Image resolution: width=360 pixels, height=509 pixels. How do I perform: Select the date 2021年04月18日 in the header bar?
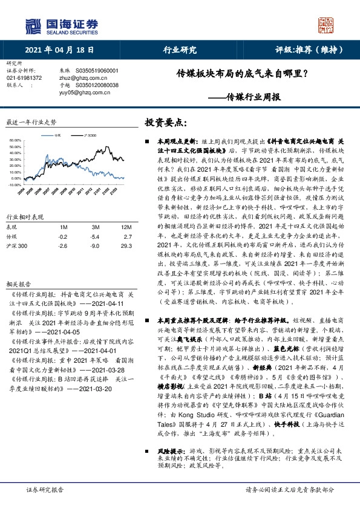pyautogui.click(x=61, y=50)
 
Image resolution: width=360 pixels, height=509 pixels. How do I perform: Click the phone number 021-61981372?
pyautogui.click(x=24, y=78)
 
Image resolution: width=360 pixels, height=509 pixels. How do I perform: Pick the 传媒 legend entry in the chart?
pyautogui.click(x=57, y=137)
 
